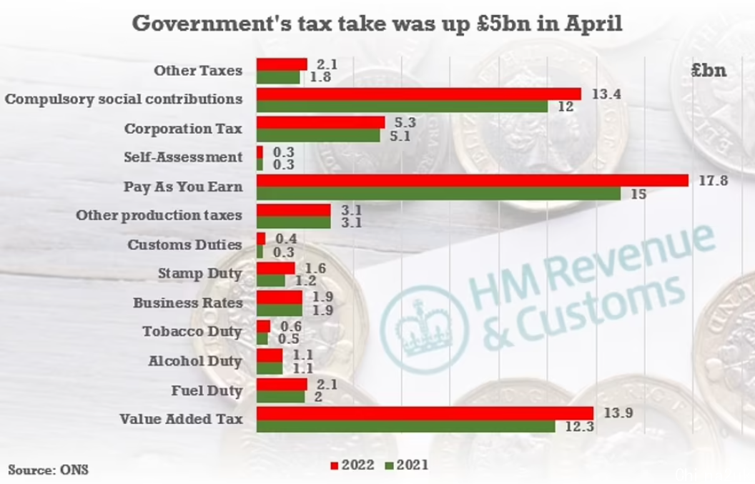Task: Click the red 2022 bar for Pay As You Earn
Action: pos(472,181)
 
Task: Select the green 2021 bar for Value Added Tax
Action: pos(405,426)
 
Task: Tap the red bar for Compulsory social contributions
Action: pos(418,94)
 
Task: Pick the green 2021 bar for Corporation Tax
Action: pos(318,135)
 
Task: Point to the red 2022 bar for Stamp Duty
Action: pos(275,268)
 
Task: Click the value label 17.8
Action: pos(713,181)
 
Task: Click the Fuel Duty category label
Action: pos(207,391)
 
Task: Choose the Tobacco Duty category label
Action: pos(192,332)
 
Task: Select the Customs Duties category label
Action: pos(184,245)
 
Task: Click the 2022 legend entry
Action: pos(352,465)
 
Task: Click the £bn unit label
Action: pos(709,70)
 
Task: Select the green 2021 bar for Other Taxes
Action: pos(278,77)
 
